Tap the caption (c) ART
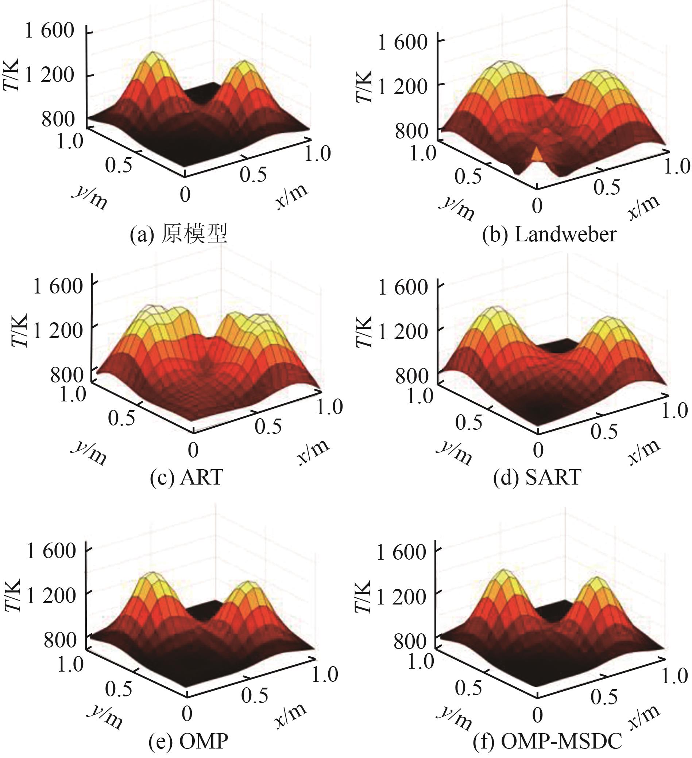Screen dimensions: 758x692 pos(186,477)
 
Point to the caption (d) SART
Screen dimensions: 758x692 pos(537,477)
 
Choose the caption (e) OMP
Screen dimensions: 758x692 pos(188,741)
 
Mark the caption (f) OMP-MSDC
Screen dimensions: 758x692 pos(547,741)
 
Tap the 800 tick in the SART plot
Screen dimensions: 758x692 pos(411,376)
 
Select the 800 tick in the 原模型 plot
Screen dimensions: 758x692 pos(58,119)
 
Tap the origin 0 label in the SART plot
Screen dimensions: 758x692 pos(538,450)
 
